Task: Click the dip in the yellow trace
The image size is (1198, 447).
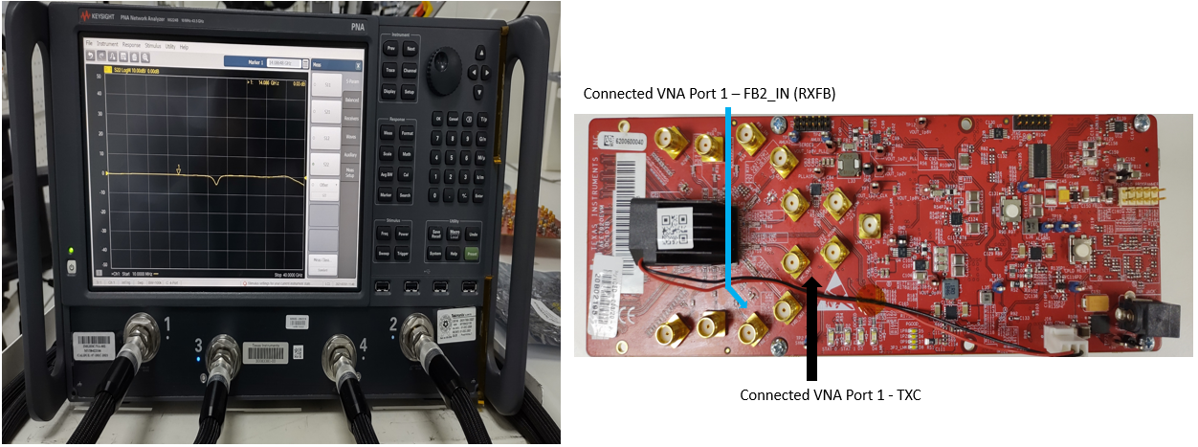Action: (x=219, y=179)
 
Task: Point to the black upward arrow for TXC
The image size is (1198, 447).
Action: (x=812, y=325)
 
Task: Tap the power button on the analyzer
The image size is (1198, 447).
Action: (x=71, y=265)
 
